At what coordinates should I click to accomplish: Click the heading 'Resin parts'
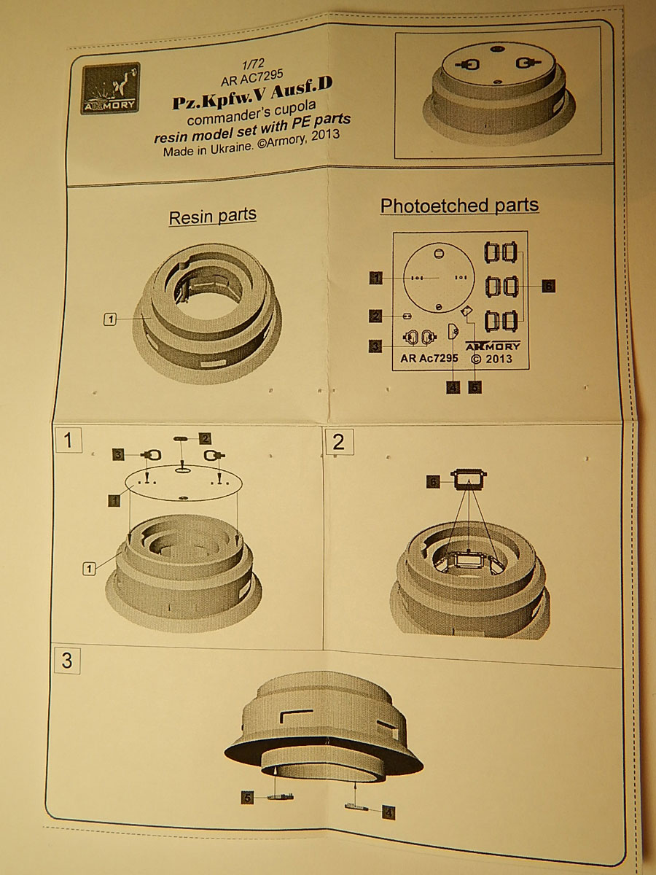tap(212, 217)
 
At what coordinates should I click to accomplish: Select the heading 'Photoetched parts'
tap(459, 206)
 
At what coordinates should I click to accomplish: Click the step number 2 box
tap(338, 442)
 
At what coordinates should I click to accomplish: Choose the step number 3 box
tap(67, 661)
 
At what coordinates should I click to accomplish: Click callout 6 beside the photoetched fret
tap(548, 286)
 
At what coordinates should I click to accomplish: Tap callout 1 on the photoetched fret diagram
tap(376, 278)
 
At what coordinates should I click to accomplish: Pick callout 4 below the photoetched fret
tap(453, 387)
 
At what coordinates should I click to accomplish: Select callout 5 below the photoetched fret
tap(475, 387)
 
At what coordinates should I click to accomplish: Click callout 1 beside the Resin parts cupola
tap(111, 319)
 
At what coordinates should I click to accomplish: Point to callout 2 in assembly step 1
tap(206, 438)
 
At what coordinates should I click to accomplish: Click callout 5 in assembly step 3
tap(248, 798)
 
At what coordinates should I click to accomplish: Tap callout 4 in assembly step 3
tap(388, 812)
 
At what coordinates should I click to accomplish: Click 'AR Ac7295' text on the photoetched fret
tap(429, 358)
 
